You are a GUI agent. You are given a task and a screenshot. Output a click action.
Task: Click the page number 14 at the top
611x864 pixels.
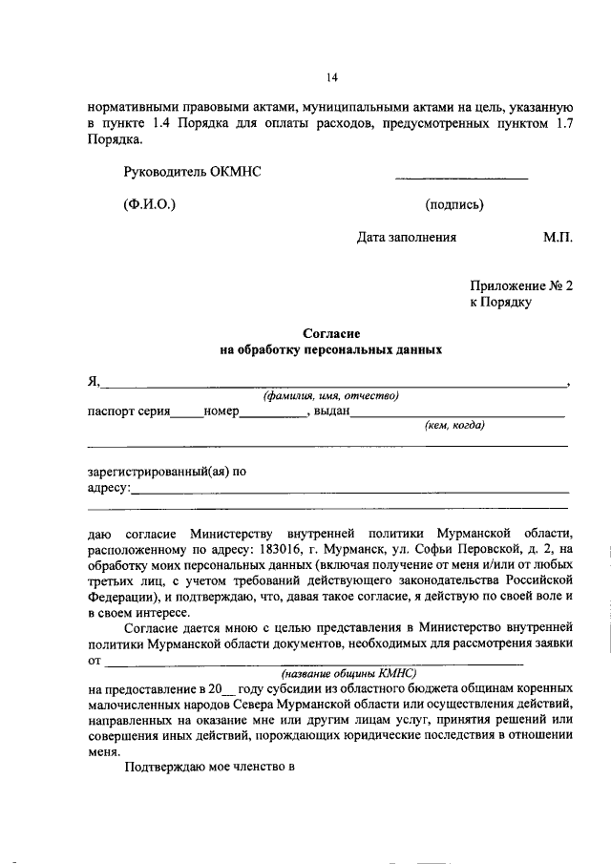tap(331, 78)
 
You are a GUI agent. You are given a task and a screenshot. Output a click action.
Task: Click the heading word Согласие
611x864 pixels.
tap(330, 333)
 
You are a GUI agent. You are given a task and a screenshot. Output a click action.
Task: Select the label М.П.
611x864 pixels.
tap(558, 239)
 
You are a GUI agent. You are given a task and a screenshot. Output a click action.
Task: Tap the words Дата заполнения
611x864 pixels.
tap(407, 239)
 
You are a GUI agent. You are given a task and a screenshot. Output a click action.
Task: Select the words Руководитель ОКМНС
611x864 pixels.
tap(192, 172)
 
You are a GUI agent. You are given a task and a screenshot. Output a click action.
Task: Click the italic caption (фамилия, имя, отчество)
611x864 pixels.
tap(330, 397)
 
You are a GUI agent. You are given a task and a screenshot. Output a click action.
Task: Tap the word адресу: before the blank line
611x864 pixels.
tap(107, 488)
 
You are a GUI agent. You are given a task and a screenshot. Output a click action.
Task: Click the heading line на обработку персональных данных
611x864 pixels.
tap(330, 350)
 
